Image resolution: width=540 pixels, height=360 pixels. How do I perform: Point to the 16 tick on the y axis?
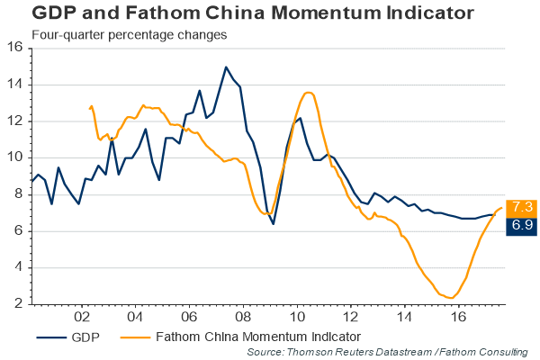point(16,48)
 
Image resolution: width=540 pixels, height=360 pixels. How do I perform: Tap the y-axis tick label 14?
point(16,85)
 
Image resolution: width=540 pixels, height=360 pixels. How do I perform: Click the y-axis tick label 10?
point(16,158)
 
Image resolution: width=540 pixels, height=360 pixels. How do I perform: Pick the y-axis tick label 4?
point(20,268)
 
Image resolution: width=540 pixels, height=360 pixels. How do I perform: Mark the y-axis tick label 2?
point(20,305)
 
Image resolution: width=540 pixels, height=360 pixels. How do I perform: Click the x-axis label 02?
point(82,318)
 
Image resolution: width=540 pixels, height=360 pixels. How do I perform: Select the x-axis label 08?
point(242,318)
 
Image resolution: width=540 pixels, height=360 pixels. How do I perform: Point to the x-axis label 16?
point(458,318)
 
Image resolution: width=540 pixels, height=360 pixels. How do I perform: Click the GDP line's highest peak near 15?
point(226,67)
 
